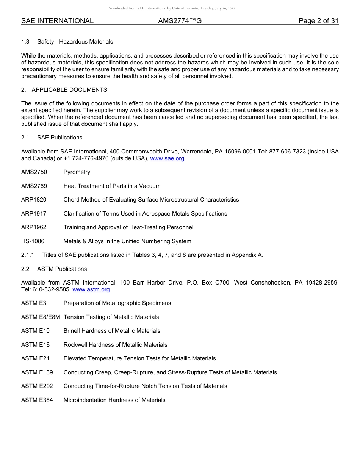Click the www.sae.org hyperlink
[167, 158]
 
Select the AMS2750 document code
[34, 172]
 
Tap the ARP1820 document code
[34, 200]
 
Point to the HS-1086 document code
[33, 241]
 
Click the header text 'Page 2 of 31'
[318, 21]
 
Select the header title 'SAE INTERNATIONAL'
[57, 21]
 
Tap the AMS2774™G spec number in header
[180, 21]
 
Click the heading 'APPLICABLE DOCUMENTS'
[69, 90]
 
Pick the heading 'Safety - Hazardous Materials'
[75, 42]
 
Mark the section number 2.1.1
[28, 255]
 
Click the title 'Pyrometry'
[77, 172]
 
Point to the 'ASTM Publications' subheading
[62, 269]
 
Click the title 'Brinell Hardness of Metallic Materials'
[112, 331]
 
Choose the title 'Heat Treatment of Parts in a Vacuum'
[112, 186]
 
